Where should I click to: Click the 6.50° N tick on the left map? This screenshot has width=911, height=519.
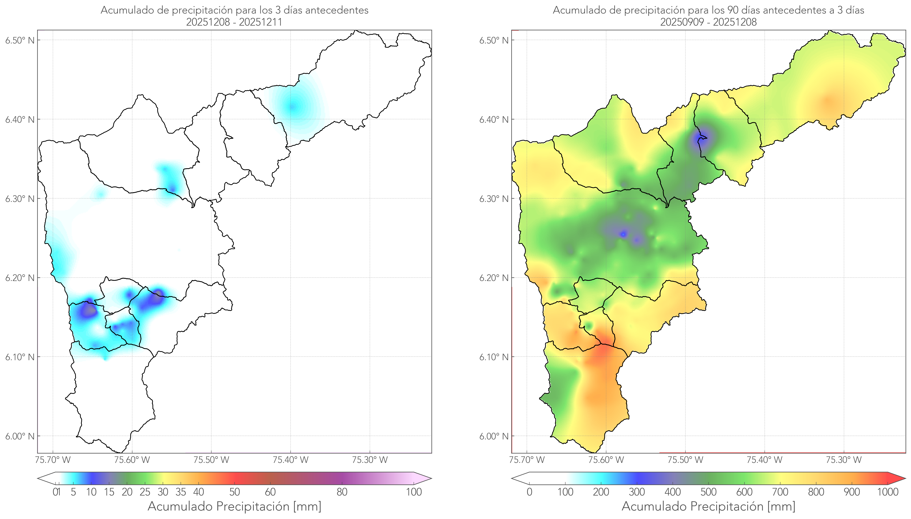point(20,40)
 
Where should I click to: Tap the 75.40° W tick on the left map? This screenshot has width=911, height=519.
point(290,460)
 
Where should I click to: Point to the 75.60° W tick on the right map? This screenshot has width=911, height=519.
point(606,460)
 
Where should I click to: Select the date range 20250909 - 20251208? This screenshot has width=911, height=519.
point(708,22)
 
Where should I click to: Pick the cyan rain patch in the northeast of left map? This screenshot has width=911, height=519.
point(292,106)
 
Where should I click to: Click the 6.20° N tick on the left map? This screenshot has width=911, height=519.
point(20,278)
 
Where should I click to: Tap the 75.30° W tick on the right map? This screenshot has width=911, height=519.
point(844,460)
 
